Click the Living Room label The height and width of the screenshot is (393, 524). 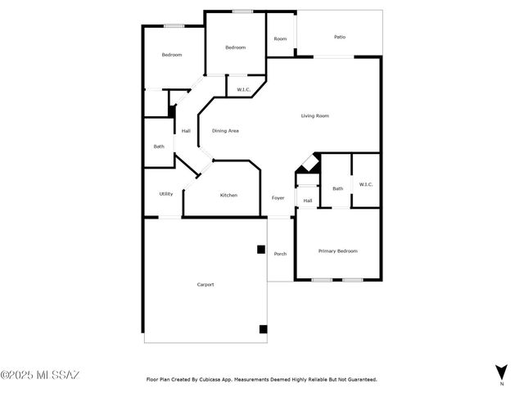[x=315, y=116]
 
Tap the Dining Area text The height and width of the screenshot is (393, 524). [x=225, y=131]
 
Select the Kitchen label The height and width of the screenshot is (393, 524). [x=228, y=195]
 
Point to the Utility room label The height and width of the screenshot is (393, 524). [x=165, y=194]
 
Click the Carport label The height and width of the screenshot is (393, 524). [x=206, y=284]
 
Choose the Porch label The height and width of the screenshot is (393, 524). [x=280, y=254]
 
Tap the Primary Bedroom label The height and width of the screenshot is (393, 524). [x=337, y=251]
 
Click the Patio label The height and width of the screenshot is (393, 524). [x=339, y=37]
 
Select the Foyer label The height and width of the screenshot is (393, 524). [x=278, y=198]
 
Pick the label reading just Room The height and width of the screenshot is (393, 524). [x=280, y=39]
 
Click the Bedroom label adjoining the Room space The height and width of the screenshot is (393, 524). [x=236, y=47]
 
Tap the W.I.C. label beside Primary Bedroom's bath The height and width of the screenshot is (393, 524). [x=365, y=184]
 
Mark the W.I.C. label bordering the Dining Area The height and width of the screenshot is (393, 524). [x=243, y=89]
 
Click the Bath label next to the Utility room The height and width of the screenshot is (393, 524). [x=159, y=147]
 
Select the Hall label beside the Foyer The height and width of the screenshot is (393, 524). [x=308, y=201]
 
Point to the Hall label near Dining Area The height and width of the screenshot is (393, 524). [x=186, y=131]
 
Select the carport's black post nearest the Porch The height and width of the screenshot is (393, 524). [x=260, y=250]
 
